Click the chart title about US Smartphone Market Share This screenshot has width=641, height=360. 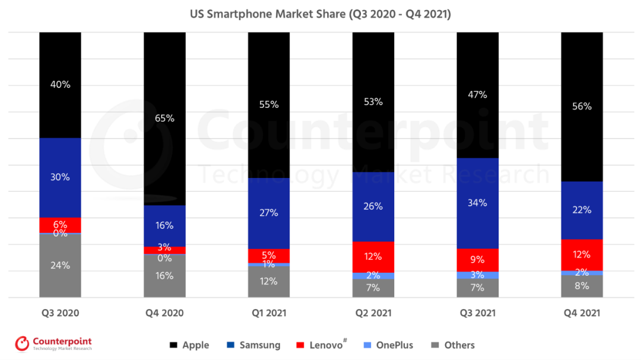coord(320,14)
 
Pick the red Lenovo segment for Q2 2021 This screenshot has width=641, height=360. coord(373,257)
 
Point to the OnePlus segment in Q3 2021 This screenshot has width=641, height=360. coord(477,275)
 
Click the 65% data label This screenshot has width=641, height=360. coord(164,118)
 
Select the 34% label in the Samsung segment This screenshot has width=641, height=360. coord(477,203)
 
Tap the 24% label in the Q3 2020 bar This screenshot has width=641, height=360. coord(60,265)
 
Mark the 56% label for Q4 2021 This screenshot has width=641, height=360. coord(582,106)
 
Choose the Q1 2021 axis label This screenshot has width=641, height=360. coord(269,313)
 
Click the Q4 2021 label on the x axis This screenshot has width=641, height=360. coord(582,313)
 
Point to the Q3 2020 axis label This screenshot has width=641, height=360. coord(60,313)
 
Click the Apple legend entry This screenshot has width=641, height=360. coord(189,345)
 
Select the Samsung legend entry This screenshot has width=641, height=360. coord(253,345)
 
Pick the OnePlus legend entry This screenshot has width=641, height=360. coord(388,345)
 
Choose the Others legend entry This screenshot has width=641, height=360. coord(452,345)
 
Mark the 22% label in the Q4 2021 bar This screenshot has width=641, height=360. coord(582,209)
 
